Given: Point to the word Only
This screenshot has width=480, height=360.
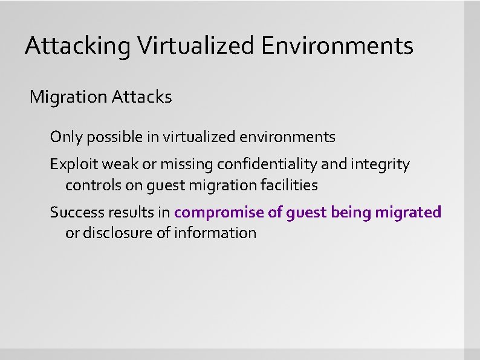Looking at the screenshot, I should click(66, 137).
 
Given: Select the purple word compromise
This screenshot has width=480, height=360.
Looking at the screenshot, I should click(219, 213).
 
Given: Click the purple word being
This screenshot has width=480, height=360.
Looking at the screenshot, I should click(351, 213).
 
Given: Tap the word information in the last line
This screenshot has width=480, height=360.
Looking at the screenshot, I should click(215, 233).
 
